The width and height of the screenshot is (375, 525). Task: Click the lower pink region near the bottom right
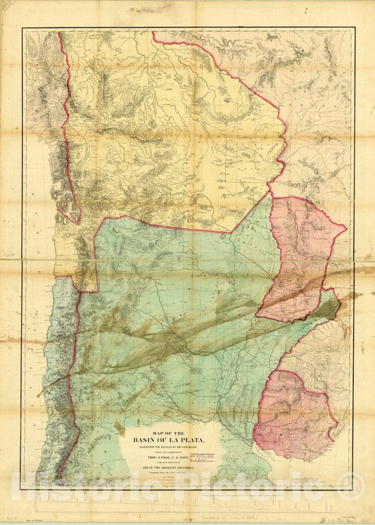[292, 415]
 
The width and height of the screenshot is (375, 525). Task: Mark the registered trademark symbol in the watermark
[344, 481]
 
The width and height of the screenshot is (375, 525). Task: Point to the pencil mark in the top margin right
[305, 10]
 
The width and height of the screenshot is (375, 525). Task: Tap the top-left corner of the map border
[22, 28]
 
